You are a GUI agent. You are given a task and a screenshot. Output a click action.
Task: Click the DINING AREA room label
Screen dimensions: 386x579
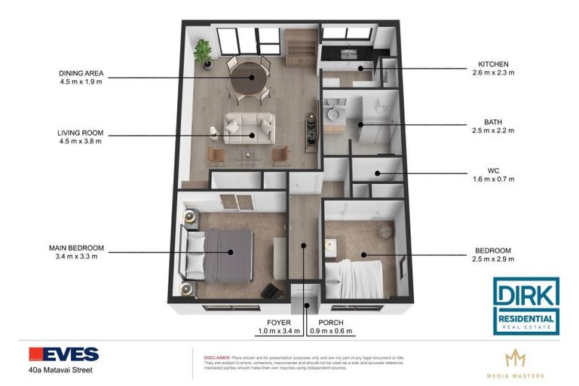[x=81, y=74]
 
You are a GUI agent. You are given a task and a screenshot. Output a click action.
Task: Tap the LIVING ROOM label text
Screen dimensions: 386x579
[x=79, y=133]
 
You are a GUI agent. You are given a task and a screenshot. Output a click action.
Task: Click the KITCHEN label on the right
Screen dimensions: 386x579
[x=494, y=64]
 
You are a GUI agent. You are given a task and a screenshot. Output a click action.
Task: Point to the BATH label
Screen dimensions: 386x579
[x=493, y=121]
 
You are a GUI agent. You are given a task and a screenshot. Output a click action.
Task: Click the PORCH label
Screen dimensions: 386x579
[x=332, y=322]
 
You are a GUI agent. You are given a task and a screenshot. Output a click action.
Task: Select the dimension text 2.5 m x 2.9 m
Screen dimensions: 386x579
[x=494, y=259]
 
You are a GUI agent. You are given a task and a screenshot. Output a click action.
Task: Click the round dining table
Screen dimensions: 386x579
[x=247, y=75]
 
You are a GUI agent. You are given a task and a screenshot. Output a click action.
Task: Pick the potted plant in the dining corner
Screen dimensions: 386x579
[x=202, y=51]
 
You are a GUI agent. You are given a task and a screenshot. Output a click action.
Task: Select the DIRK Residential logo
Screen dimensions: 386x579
[x=525, y=305]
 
